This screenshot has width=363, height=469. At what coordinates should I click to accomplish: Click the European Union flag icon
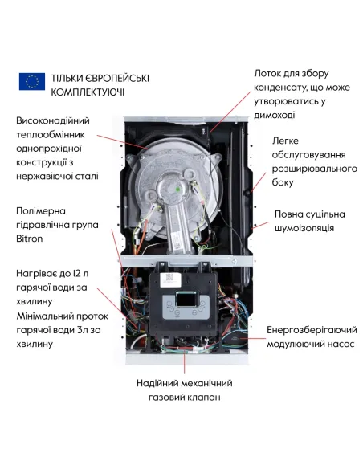[32, 81]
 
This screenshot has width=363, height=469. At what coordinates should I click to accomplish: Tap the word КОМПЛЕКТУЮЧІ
[88, 93]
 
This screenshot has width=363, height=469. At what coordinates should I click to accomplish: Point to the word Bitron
[31, 239]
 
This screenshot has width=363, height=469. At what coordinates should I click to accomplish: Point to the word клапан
[204, 398]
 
